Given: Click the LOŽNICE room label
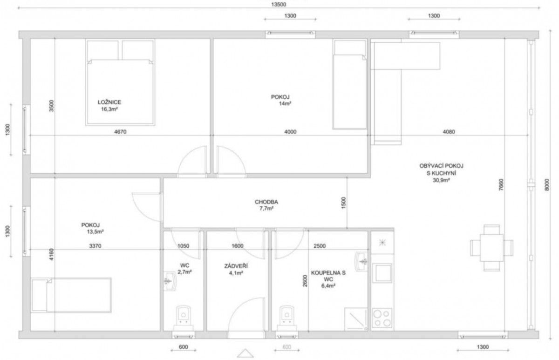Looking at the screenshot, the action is click(109, 102).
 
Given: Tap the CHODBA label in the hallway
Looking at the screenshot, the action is click(266, 202).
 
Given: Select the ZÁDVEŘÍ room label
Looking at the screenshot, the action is click(236, 266).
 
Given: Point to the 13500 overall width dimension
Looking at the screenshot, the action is click(279, 4).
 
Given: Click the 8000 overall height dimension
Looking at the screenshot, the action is click(547, 185).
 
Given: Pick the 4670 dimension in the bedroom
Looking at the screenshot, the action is click(120, 131).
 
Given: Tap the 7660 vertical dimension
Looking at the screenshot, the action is click(501, 185).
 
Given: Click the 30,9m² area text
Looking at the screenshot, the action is click(441, 180).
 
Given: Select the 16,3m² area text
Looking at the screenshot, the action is click(109, 109).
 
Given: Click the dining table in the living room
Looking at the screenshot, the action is click(491, 248).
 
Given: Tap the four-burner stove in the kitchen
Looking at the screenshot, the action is click(382, 318).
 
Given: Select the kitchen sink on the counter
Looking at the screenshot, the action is click(382, 273).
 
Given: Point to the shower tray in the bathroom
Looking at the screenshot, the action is click(356, 319).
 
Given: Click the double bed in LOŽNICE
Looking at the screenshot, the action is click(120, 82).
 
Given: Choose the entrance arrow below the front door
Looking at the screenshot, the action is click(245, 353).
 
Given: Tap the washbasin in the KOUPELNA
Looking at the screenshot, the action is click(361, 261).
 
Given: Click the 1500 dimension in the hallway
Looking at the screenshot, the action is click(343, 203).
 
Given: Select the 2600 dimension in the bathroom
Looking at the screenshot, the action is click(305, 281).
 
